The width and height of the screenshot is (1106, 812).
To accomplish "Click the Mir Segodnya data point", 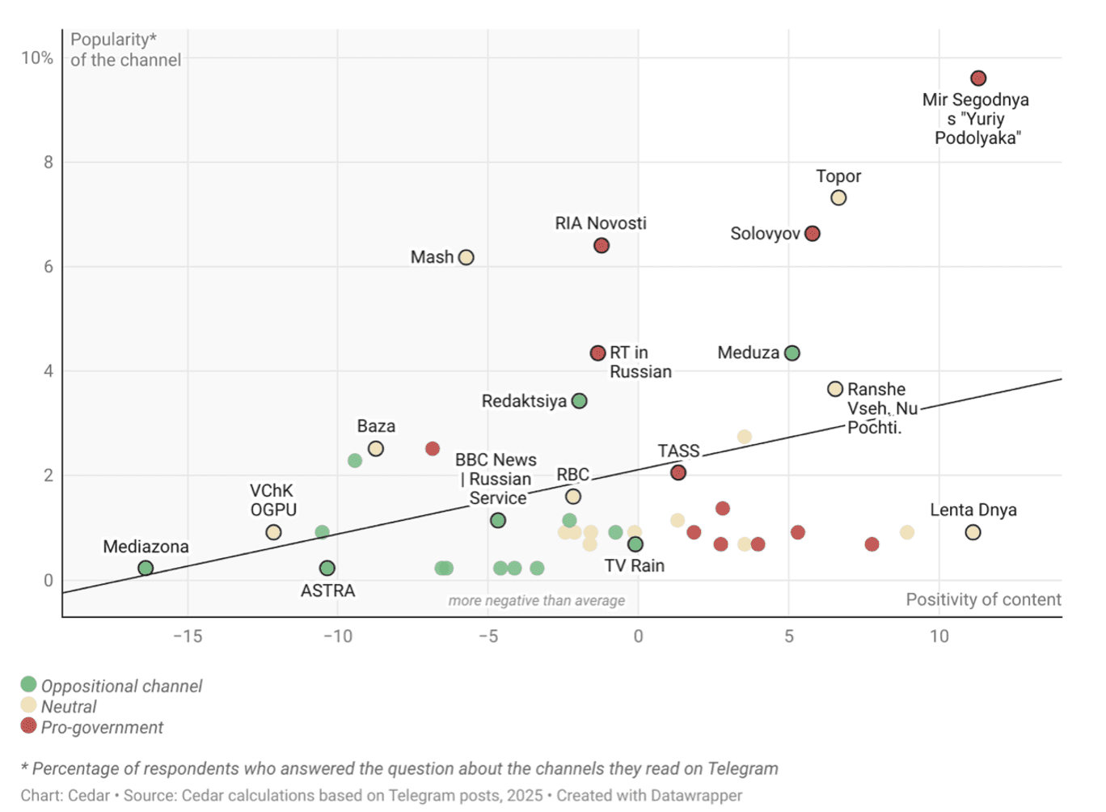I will (x=978, y=78).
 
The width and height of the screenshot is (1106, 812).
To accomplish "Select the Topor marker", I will (x=838, y=198).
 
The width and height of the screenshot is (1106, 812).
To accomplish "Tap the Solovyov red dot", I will (x=813, y=234).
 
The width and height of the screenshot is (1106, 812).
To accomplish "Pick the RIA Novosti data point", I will (x=602, y=245).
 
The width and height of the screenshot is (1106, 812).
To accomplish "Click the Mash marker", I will (x=466, y=257).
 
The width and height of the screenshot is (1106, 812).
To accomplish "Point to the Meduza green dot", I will (x=792, y=353).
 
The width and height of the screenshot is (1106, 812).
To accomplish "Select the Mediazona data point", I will (x=146, y=569).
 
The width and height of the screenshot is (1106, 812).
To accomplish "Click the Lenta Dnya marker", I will (x=973, y=532).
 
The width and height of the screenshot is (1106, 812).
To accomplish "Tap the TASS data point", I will (x=678, y=472).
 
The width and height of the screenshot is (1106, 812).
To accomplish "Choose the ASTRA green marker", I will (x=327, y=569).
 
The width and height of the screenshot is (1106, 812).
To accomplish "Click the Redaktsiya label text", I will (x=524, y=401).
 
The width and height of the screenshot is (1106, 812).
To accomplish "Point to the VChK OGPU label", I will (x=273, y=501).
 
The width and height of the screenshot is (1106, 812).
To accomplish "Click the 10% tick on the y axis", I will (x=37, y=58).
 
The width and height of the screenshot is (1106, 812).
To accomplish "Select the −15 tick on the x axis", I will (x=188, y=636).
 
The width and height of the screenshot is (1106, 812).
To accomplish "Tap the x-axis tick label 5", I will (x=789, y=636).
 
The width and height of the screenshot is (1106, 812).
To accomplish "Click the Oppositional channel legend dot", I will (x=29, y=685).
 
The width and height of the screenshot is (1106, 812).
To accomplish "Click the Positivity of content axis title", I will (x=983, y=599).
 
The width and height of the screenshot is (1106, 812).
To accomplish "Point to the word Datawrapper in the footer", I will (x=695, y=795).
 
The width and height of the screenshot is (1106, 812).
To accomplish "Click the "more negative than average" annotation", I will (x=537, y=600).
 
